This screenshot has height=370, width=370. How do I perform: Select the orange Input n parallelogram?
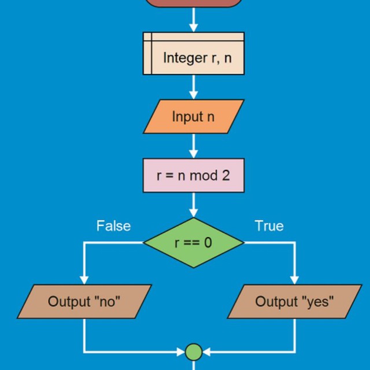[x=193, y=117]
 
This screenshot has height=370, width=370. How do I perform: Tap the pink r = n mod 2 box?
[x=193, y=175]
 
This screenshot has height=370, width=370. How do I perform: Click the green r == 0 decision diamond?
[x=193, y=243]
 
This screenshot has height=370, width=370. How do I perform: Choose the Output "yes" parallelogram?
[x=295, y=301]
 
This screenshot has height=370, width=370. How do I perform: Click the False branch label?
[x=113, y=225]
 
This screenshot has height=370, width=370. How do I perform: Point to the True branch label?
[x=269, y=225]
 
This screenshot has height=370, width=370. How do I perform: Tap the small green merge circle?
[x=193, y=351]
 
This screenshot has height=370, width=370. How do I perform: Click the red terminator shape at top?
[x=193, y=2]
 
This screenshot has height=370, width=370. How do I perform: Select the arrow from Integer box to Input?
[x=193, y=87]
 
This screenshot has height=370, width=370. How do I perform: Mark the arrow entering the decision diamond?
[x=193, y=206]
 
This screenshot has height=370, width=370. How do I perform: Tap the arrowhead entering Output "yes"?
[x=295, y=280]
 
